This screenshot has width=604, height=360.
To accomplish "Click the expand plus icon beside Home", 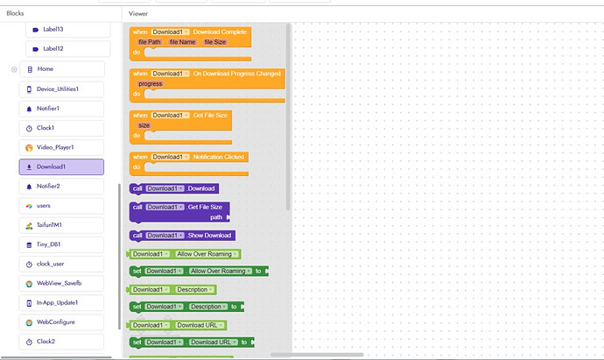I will point(14,68).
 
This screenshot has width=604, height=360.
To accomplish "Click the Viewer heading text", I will point(138,14).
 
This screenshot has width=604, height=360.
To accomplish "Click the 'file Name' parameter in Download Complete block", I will point(182,41).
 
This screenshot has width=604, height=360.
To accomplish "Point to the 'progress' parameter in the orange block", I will point(150,83).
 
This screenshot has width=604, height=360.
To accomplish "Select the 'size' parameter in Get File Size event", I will point(144,125).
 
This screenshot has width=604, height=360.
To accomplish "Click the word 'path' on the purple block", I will point(215,216).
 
